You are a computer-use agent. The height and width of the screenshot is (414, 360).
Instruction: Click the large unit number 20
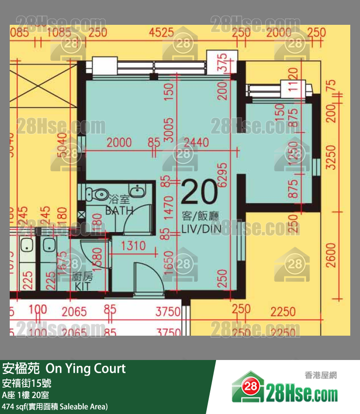[x=199, y=191]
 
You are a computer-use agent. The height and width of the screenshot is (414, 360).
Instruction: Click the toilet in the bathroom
[x=92, y=193]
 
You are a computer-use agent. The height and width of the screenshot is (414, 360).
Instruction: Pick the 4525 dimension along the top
[x=161, y=33]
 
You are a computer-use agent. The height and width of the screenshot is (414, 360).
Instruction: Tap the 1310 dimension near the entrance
[x=133, y=246]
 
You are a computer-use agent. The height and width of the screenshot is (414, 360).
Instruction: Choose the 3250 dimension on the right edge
[x=331, y=157]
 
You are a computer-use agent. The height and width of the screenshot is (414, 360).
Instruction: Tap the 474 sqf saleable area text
[x=54, y=406]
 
